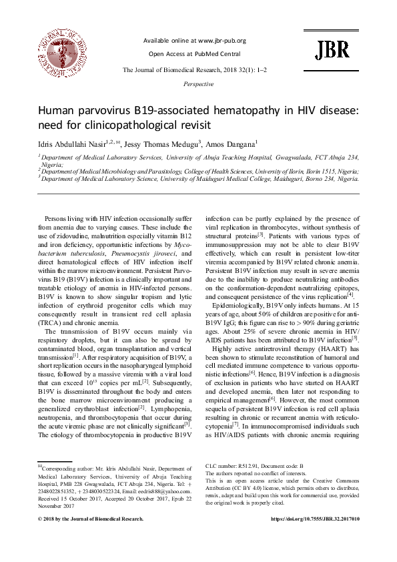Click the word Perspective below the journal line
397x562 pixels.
[x=198, y=85]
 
